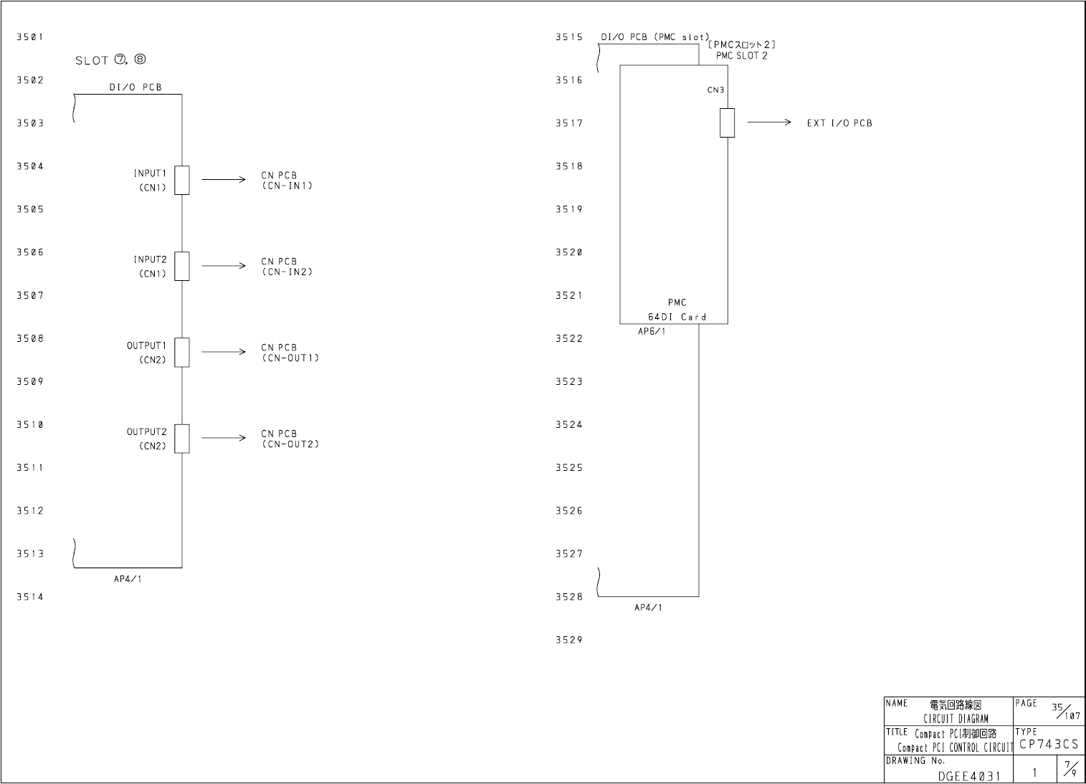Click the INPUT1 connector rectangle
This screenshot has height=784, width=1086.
[x=182, y=180]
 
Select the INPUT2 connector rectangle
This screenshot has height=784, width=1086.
[x=182, y=266]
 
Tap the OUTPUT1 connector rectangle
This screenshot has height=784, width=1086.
[x=182, y=352]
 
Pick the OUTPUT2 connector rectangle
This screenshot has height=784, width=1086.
[x=182, y=438]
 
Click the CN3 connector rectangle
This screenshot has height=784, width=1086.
[x=727, y=123]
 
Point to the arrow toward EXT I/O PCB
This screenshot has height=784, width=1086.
[x=768, y=123]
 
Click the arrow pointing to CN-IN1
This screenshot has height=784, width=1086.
[x=224, y=180]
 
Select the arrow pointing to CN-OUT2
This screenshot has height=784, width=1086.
[x=224, y=438]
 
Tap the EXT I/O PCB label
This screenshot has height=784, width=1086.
[x=839, y=123]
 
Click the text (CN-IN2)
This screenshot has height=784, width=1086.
[x=287, y=272]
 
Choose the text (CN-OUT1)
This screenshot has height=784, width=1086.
[x=290, y=358]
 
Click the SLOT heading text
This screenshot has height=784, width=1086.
[x=110, y=60]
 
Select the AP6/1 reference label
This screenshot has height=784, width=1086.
[x=652, y=332]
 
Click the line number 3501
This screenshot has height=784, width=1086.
[x=30, y=37]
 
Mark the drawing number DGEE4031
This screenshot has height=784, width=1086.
[x=968, y=775]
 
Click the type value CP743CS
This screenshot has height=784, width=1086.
[x=1049, y=745]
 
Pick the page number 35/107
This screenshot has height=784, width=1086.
[x=1065, y=711]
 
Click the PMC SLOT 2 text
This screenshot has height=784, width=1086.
[x=741, y=56]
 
